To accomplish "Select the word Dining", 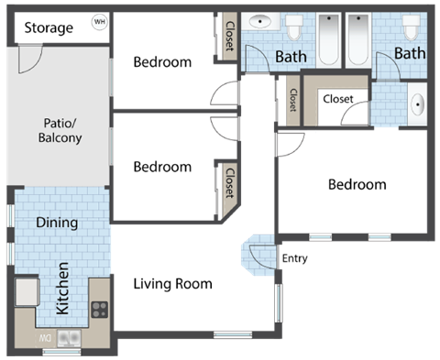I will [x=57, y=222].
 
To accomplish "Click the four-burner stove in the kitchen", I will [x=99, y=310].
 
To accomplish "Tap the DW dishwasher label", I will [x=43, y=338].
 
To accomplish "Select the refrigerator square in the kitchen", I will [x=25, y=292].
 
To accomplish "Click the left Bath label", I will [x=291, y=57].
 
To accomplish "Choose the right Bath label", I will [x=410, y=53].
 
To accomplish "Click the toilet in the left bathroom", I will [x=294, y=27].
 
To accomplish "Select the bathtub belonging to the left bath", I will [x=329, y=38].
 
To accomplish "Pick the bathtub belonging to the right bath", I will [x=357, y=38].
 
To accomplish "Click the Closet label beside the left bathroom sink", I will [x=229, y=38].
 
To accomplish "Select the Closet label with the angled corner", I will [x=229, y=180].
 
